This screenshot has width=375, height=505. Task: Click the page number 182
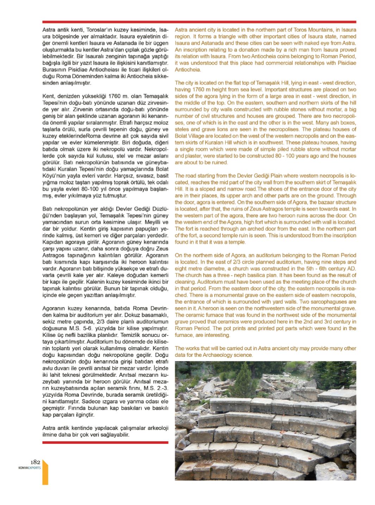[x=36, y=462]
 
